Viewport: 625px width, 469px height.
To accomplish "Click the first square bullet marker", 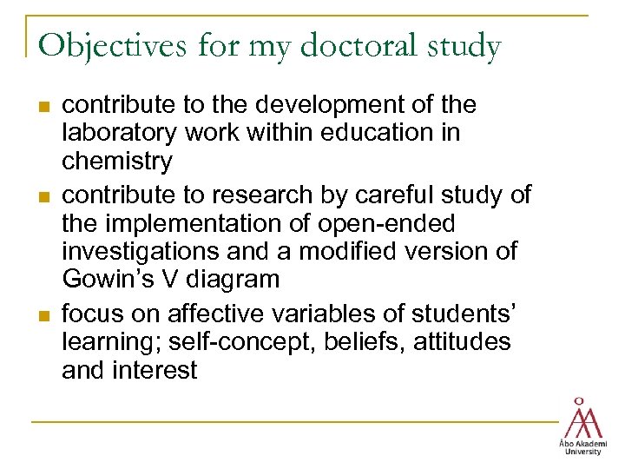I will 44,107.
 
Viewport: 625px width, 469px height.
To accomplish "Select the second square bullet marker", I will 44,196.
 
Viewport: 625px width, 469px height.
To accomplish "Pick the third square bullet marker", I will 44,314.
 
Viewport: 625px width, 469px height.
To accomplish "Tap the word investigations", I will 135,253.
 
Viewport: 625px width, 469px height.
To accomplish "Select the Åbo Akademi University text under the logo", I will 582,446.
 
